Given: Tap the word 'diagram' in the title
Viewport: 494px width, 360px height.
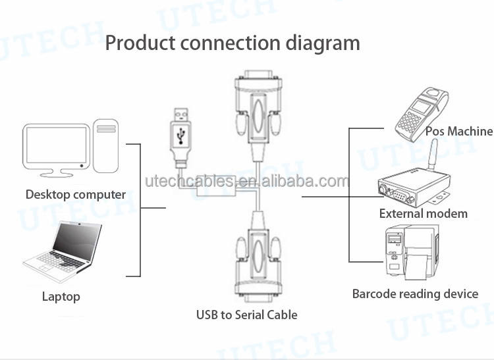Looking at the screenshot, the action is click(x=323, y=44).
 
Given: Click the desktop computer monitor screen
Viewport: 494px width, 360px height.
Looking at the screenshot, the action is click(x=57, y=144).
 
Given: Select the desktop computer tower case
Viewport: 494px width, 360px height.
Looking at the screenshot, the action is click(x=106, y=146).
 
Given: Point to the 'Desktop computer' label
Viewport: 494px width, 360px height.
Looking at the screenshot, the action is click(x=76, y=194).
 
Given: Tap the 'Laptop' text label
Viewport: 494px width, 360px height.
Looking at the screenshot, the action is click(x=61, y=296).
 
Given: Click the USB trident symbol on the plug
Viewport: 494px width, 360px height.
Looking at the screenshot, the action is click(x=181, y=136).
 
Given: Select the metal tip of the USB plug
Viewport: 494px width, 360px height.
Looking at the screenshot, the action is click(x=181, y=115).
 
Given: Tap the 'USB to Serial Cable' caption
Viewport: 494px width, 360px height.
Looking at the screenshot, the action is click(x=247, y=315).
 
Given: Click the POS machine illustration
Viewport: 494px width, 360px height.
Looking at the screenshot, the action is click(x=422, y=113).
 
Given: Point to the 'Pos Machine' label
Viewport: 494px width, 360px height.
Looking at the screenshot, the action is click(x=458, y=131).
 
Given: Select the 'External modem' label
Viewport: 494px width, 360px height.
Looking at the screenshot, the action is click(x=423, y=214).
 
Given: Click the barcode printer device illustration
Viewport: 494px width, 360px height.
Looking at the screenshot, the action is click(x=412, y=252).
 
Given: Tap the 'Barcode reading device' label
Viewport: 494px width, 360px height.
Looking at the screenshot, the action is click(x=415, y=294).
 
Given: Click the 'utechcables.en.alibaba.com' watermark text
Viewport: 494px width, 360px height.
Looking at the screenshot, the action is click(x=247, y=181).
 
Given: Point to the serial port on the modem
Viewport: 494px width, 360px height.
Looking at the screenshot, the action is click(x=400, y=197).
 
